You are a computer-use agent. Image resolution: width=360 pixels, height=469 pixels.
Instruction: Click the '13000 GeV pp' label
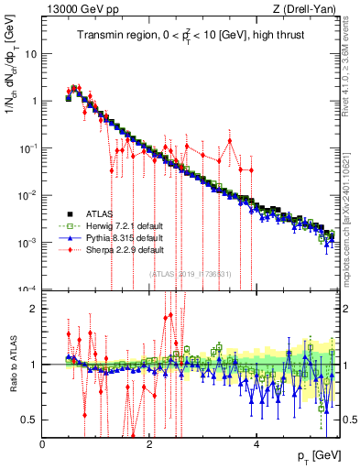pos(72,9)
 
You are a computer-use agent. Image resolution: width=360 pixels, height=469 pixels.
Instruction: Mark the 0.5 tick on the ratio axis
pos(30,420)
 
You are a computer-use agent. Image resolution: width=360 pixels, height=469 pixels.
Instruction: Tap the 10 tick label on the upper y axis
pos(28,53)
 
